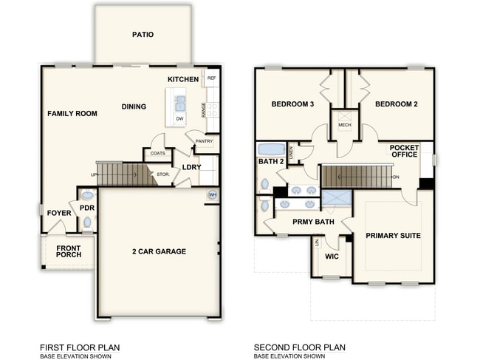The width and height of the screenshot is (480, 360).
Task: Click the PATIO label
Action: (143, 35)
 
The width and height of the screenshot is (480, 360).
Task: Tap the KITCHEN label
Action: (182, 79)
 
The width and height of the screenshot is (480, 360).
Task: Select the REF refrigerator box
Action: (212, 78)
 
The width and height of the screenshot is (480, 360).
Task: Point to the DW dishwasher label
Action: (179, 118)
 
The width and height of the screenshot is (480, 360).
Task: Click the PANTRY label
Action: (205, 141)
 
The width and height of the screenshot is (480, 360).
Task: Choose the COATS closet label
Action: (157, 154)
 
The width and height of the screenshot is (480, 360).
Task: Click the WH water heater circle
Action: (213, 195)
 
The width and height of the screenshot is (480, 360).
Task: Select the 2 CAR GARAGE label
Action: (159, 251)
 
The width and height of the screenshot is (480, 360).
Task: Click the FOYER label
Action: (60, 214)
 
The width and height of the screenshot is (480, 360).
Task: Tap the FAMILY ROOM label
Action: (72, 114)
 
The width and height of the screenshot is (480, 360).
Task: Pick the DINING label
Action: (134, 106)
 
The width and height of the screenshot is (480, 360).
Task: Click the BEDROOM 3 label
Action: (292, 105)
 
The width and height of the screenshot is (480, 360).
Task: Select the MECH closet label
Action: (344, 125)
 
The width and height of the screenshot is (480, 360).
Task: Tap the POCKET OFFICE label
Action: (404, 151)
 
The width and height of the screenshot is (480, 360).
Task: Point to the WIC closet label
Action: (332, 257)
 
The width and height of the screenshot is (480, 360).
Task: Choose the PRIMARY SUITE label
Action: (393, 236)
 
